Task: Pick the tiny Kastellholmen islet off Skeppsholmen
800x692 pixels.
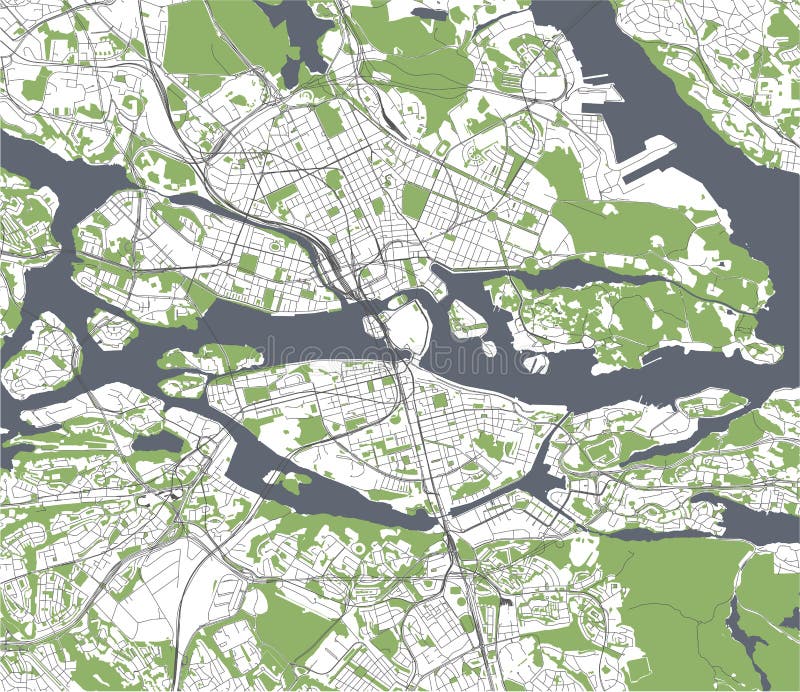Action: [x=489, y=348]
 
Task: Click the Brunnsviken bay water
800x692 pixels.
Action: [x=290, y=30]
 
